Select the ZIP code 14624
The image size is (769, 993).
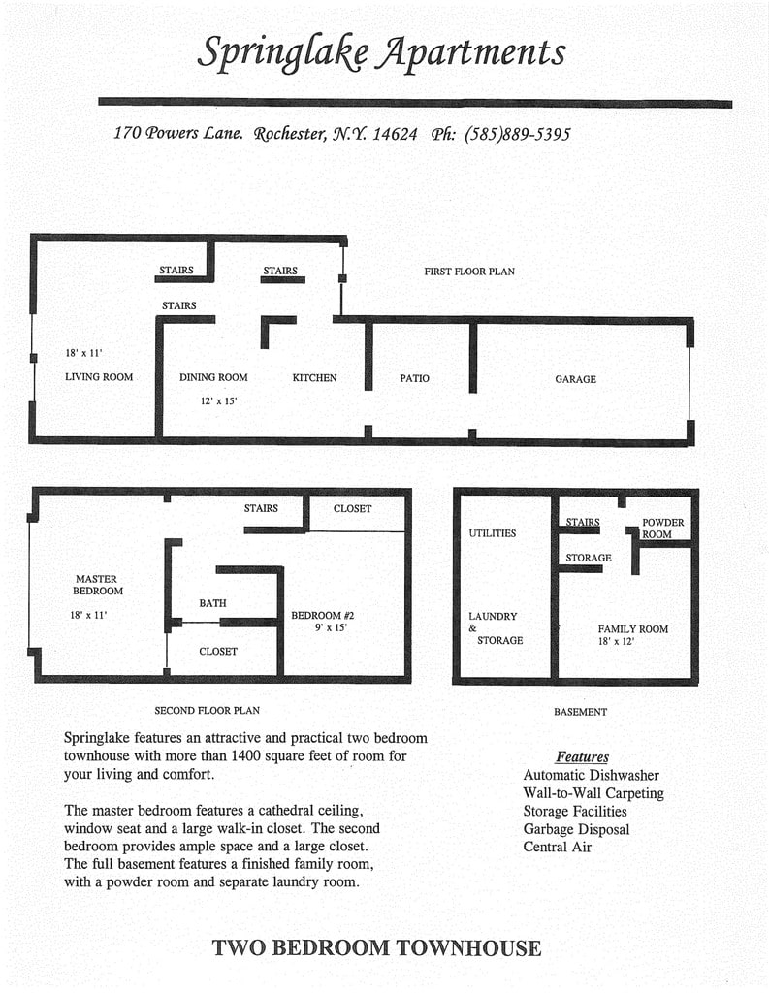click(395, 134)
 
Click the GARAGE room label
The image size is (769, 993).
click(575, 379)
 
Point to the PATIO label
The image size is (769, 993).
click(414, 378)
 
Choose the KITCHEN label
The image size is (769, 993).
click(314, 377)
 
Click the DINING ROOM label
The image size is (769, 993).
click(213, 377)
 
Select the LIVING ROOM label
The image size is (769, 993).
click(99, 377)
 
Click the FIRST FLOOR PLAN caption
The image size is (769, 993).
click(468, 272)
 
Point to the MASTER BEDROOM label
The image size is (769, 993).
click(98, 585)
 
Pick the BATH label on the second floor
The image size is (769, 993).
click(212, 603)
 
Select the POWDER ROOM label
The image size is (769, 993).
click(662, 529)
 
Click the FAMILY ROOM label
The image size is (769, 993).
click(632, 629)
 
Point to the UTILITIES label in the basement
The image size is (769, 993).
click(493, 533)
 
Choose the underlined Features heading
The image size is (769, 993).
click(582, 756)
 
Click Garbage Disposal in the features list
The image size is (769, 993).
click(576, 829)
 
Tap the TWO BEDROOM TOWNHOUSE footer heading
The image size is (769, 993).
click(376, 947)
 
